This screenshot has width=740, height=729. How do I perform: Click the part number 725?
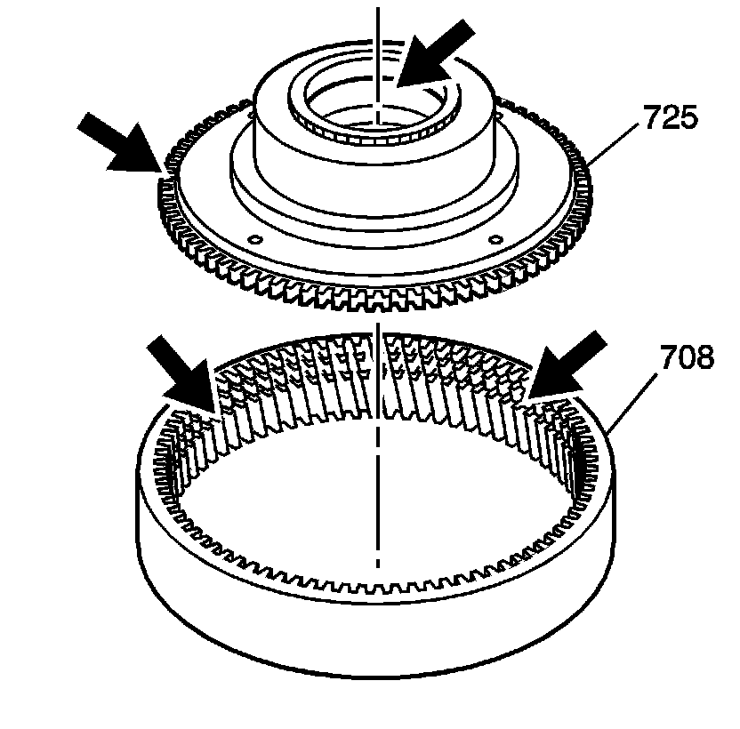coord(672,117)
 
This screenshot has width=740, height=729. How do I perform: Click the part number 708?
coord(687,358)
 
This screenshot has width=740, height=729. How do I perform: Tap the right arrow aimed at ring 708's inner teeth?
coord(564,364)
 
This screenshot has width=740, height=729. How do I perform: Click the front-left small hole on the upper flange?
coord(255,239)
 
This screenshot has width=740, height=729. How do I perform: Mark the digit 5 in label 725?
coord(688,117)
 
